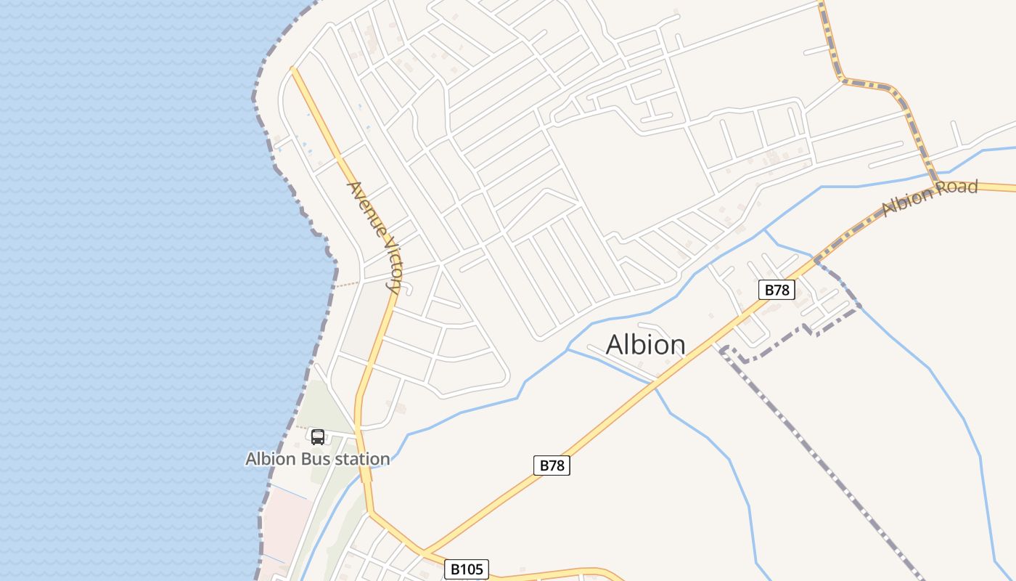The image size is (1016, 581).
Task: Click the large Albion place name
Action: click(x=645, y=344)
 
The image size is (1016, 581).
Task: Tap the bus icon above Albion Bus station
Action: click(x=318, y=436)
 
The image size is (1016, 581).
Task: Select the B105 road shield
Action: click(x=467, y=569)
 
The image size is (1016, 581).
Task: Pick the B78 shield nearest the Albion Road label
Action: click(x=777, y=290)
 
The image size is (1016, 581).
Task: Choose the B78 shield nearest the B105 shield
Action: click(x=552, y=466)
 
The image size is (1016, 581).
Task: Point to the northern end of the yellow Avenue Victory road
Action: click(x=292, y=69)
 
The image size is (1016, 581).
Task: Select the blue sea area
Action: click(x=131, y=290)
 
